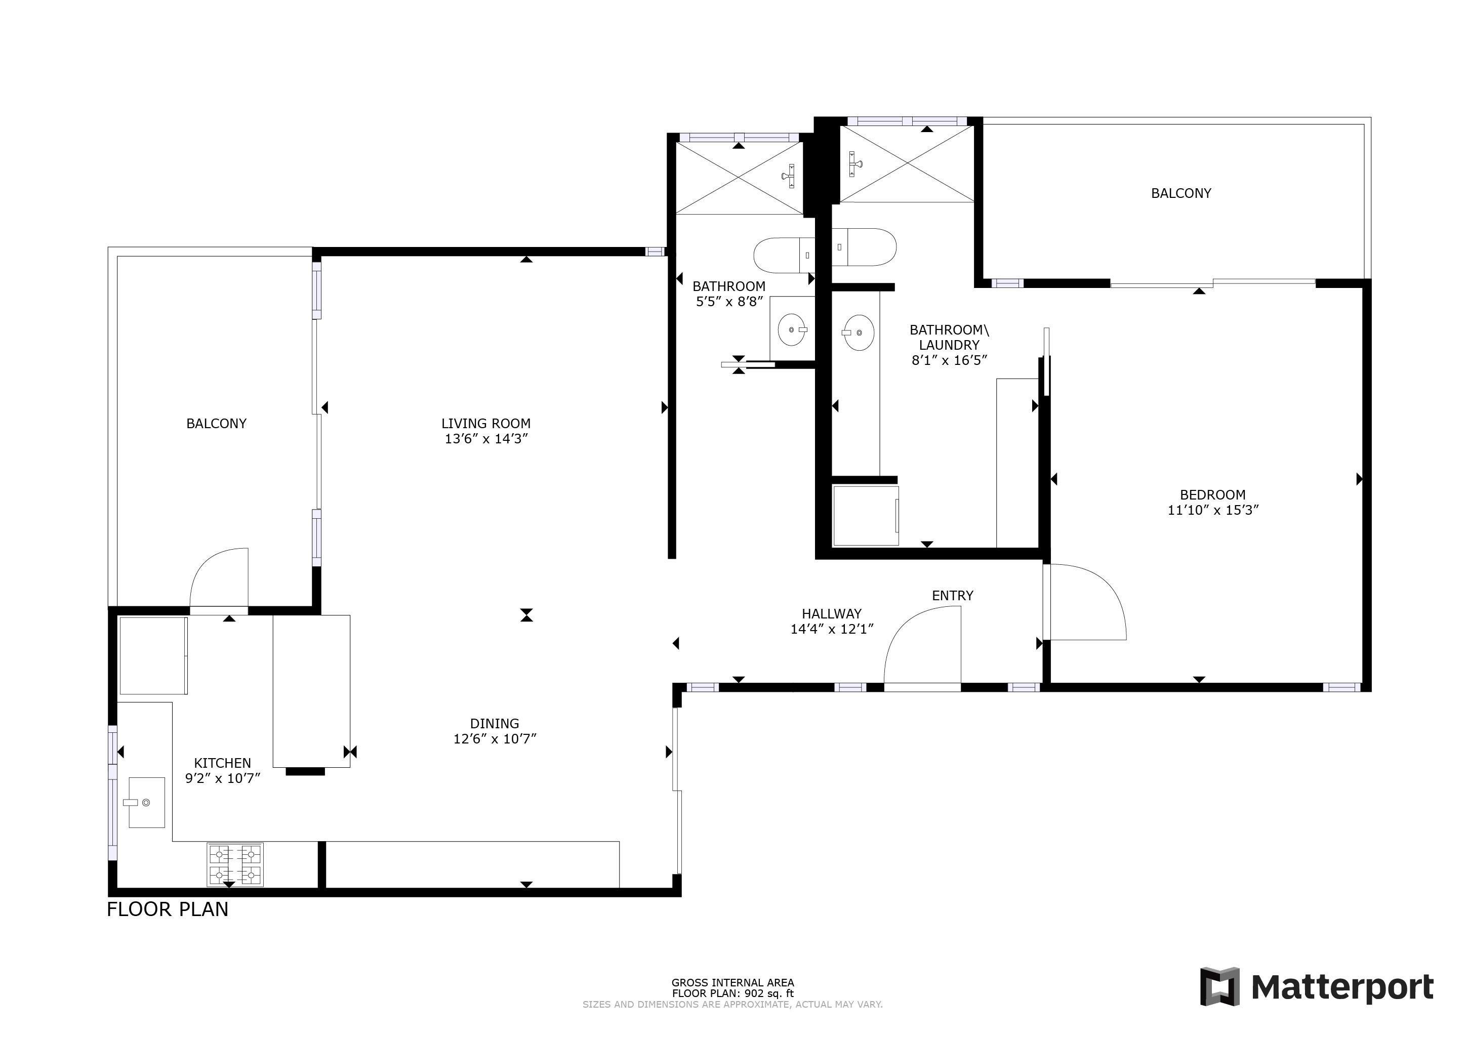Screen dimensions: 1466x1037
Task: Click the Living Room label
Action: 486,424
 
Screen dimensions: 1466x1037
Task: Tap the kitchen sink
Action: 147,802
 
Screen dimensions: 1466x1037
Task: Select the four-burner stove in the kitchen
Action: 235,864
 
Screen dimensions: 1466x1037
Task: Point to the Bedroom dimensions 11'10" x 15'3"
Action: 1212,510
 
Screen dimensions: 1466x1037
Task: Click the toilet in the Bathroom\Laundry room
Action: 864,246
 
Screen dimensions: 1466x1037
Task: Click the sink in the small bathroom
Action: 792,329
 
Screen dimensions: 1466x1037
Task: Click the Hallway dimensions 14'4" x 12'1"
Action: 832,629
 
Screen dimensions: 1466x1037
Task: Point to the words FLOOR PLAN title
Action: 167,909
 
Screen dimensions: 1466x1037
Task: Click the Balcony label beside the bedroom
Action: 1180,193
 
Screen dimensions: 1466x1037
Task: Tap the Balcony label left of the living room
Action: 217,424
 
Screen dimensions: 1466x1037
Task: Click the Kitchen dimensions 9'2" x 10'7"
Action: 223,778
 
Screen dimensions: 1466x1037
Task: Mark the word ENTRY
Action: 953,596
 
